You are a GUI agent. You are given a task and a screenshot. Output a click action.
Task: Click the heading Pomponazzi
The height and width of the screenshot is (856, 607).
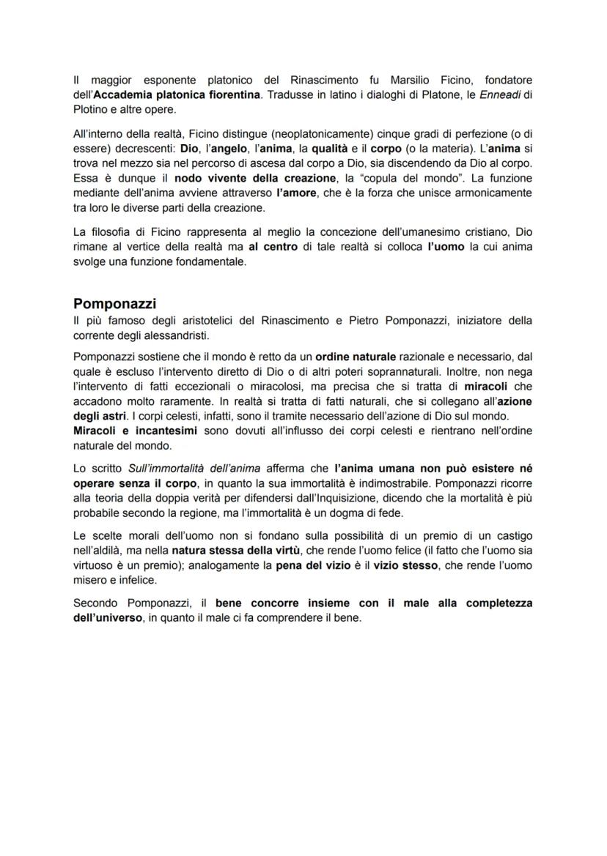[x=115, y=304]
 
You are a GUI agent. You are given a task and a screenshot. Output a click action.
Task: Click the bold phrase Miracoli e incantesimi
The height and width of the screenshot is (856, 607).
[x=136, y=430]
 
